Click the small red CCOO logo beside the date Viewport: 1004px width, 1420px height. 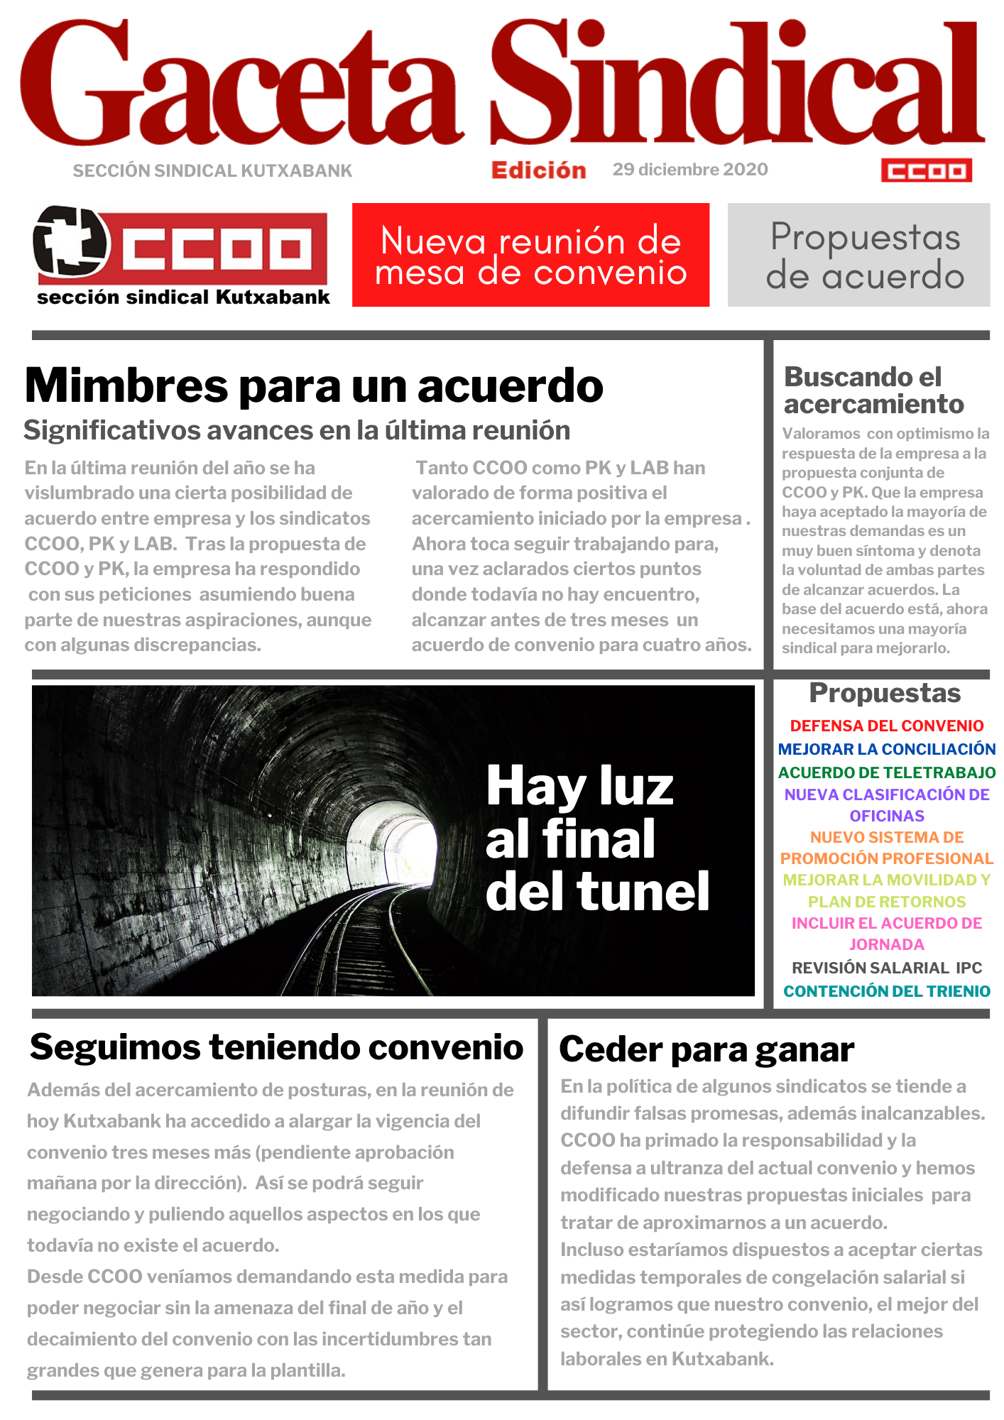(926, 170)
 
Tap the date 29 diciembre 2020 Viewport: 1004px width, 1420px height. (690, 170)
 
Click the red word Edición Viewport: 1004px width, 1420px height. (538, 170)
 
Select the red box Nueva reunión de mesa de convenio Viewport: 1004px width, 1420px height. (530, 255)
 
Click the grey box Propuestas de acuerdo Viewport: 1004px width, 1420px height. (858, 255)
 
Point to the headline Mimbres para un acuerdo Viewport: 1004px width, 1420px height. (314, 386)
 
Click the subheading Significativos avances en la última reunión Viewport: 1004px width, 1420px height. (297, 430)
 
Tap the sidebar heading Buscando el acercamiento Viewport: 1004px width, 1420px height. (873, 390)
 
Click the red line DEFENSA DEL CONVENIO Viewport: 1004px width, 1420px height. (886, 726)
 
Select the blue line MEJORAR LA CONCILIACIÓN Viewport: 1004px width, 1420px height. (886, 749)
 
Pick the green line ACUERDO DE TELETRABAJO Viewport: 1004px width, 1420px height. (886, 772)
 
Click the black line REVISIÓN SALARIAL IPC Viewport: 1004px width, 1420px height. (886, 968)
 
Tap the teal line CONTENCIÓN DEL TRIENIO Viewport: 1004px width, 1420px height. (886, 991)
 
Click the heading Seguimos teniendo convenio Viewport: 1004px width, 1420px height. (277, 1048)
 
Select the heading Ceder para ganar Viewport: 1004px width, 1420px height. (706, 1050)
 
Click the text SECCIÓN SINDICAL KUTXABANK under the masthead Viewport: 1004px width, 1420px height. (212, 171)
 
